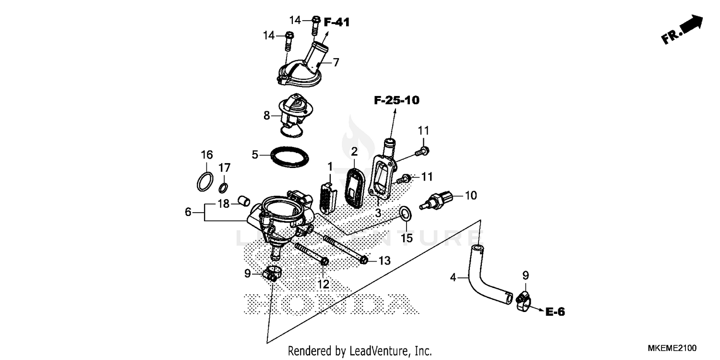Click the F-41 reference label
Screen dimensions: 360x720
click(337, 22)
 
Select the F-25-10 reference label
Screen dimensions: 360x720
click(396, 100)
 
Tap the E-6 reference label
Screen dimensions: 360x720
click(555, 312)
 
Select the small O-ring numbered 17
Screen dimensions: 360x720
click(224, 187)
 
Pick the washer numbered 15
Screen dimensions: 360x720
click(405, 213)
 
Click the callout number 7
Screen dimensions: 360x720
click(336, 62)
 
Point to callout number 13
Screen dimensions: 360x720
click(384, 261)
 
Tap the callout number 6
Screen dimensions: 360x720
click(188, 212)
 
